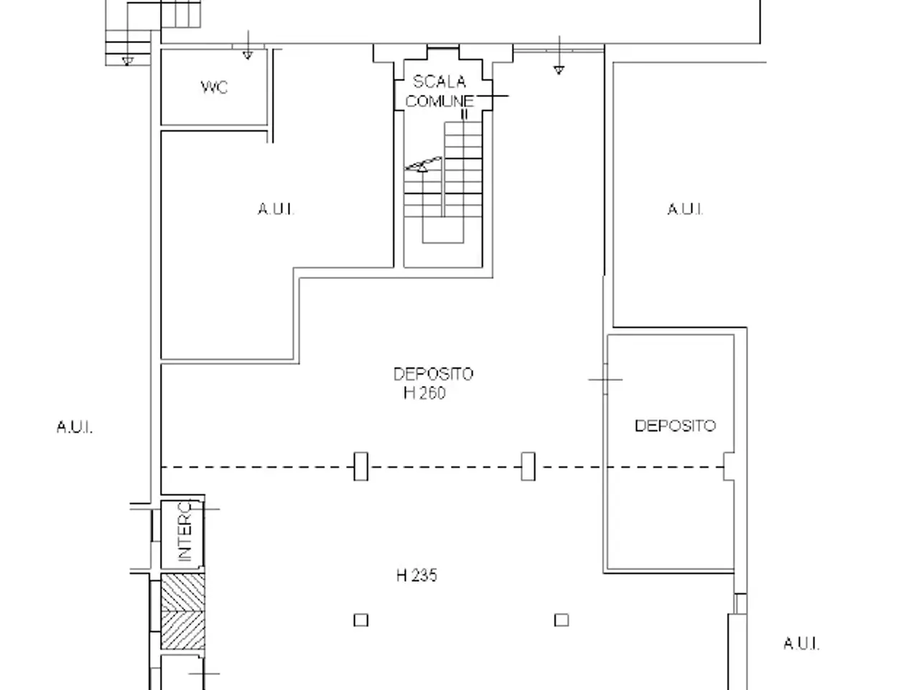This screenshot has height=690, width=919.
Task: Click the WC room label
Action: [214, 87]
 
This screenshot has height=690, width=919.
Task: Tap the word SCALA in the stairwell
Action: [439, 82]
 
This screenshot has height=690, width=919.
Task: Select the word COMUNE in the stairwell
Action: [439, 101]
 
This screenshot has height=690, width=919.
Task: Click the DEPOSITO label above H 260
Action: [434, 374]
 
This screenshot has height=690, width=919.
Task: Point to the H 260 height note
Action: [424, 393]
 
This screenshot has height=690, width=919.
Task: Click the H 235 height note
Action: [416, 576]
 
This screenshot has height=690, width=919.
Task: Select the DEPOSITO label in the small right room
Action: [676, 426]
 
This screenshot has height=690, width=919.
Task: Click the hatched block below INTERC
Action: [183, 612]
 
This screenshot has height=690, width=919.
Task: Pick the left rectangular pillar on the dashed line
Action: [361, 466]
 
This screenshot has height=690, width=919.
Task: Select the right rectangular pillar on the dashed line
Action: [528, 466]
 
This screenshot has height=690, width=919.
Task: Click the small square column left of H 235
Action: [361, 620]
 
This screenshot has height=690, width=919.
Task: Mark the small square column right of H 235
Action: [561, 620]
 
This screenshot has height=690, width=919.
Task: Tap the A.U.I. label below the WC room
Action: [276, 209]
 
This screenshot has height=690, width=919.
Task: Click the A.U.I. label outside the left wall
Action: [75, 428]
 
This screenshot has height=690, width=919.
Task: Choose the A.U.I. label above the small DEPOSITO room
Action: [685, 209]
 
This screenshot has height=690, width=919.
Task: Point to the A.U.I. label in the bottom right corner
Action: [801, 644]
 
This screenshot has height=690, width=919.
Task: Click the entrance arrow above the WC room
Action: [248, 45]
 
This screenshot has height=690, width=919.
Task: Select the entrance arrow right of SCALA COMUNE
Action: [559, 55]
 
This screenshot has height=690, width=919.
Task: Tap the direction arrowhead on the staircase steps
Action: [422, 168]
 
